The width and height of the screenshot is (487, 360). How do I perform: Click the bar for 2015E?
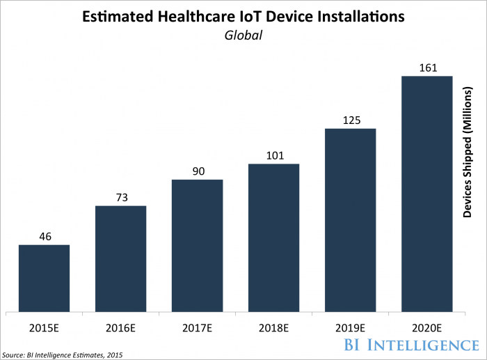(x=44, y=278)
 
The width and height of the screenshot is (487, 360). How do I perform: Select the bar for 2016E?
(x=120, y=258)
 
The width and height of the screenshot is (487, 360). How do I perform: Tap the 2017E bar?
(x=197, y=245)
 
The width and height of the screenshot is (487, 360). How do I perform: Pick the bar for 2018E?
(x=273, y=237)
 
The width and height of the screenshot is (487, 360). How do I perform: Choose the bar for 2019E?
(x=350, y=220)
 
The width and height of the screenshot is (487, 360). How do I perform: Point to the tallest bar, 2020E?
(x=426, y=194)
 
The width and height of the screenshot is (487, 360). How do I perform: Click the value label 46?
(x=44, y=235)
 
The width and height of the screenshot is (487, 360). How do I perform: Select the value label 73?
(x=120, y=196)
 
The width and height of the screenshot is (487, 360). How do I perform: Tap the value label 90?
(x=197, y=171)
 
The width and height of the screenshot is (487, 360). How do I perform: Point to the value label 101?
(x=273, y=155)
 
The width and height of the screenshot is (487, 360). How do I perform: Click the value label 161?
(x=426, y=67)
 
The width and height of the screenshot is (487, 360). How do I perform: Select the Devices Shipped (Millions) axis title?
(x=468, y=153)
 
